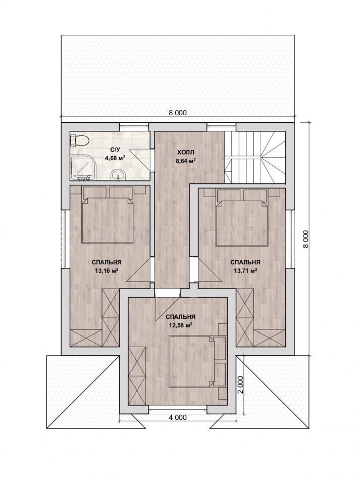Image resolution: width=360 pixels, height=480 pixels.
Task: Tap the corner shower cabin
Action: click(81, 167)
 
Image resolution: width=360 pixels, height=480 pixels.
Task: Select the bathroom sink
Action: click(117, 174)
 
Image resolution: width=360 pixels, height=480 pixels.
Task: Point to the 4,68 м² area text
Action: click(116, 158)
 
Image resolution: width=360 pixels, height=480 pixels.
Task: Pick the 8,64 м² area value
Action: click(186, 160)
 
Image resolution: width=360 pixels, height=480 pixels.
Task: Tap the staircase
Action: click(255, 157)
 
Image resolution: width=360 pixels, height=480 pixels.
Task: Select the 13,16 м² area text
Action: click(107, 271)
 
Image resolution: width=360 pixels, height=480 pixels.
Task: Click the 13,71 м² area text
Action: click(245, 271)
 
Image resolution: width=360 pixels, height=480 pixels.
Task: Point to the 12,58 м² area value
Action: click(180, 325)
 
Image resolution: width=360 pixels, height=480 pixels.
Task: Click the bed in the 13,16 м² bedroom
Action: click(108, 220)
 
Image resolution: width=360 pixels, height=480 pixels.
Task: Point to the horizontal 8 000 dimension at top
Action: click(177, 113)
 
